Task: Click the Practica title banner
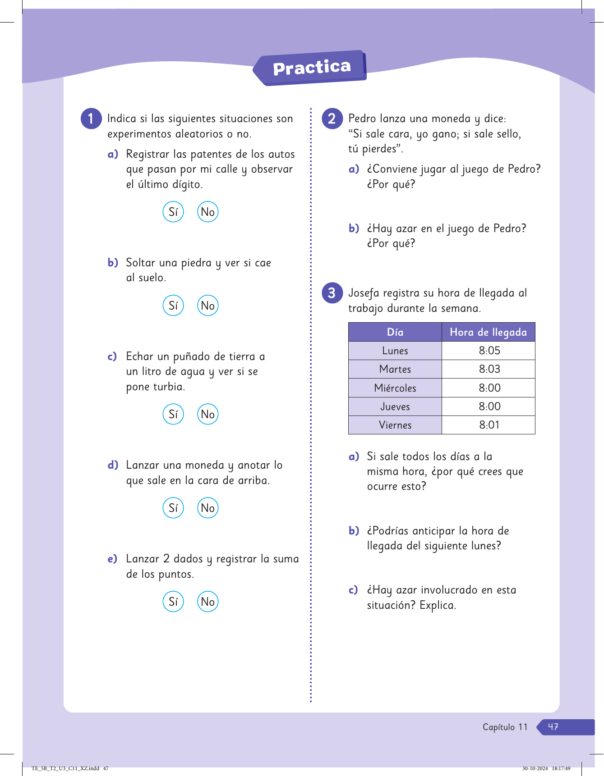point(311,68)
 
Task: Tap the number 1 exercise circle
point(91,119)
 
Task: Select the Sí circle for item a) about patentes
point(173,212)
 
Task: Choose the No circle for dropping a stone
point(207,306)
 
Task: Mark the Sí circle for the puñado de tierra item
point(173,414)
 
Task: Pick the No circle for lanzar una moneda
point(207,508)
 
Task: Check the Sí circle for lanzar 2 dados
point(173,602)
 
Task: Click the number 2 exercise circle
point(332,119)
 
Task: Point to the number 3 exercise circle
point(332,293)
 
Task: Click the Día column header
point(395,332)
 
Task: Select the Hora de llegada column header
point(488,332)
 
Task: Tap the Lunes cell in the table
point(395,351)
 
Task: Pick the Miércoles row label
point(395,388)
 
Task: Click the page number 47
point(553,727)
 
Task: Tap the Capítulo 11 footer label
point(505,727)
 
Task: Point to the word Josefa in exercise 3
point(364,293)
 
